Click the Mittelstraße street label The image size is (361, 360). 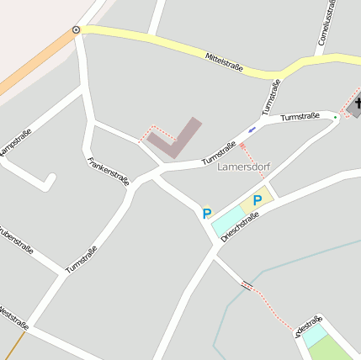pos(224,62)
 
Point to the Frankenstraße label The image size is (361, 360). pos(109,172)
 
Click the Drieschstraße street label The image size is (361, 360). pos(240,226)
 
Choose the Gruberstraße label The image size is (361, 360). pos(14,239)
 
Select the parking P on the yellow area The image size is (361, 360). pos(257,201)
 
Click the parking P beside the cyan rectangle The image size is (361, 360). pos(207,214)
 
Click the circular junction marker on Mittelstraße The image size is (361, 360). pos(77,29)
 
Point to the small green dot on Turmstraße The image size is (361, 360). pos(335,117)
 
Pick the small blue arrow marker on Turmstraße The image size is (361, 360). pos(252,130)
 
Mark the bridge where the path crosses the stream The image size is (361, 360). pos(247,285)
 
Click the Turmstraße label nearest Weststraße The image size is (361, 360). pos(81,260)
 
